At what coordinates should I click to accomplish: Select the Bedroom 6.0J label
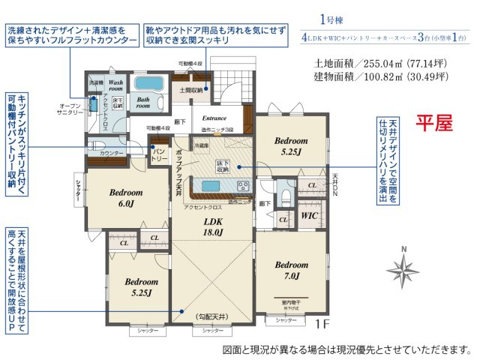point(125,197)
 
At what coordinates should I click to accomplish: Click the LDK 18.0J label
point(214,226)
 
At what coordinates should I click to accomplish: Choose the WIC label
point(309,216)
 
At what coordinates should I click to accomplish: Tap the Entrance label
point(214,118)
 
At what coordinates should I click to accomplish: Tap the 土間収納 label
point(190,91)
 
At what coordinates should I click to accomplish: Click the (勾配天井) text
point(213,317)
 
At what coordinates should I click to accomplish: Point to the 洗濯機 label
point(96,81)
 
